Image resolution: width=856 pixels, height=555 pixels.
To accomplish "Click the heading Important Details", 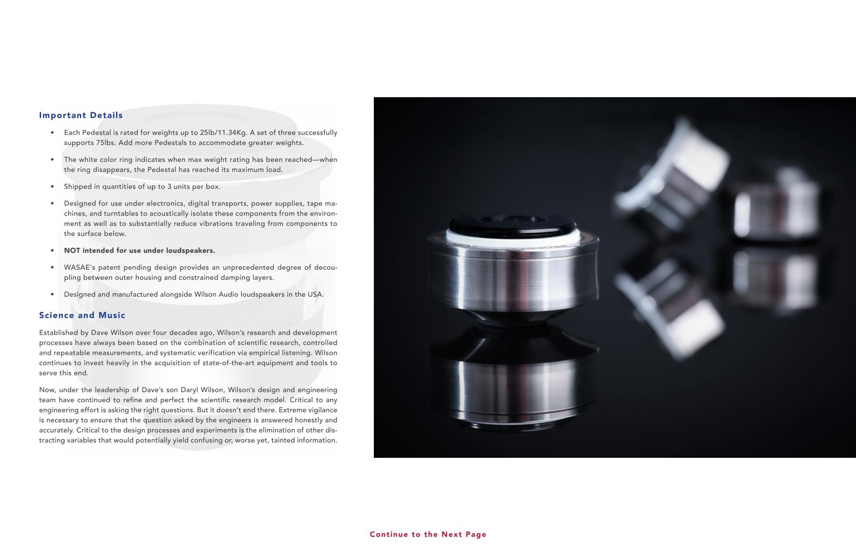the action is click(81, 115).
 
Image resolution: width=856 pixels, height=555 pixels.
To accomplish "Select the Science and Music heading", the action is click(82, 315).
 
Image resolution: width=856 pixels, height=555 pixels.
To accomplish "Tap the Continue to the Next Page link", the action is click(428, 534).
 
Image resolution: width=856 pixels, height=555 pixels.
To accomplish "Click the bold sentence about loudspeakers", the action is click(139, 250).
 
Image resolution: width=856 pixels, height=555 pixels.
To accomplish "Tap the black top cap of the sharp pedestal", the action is click(513, 224).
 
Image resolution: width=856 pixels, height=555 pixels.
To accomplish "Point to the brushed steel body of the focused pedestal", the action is click(514, 280).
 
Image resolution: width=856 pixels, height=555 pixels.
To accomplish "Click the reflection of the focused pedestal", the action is click(514, 382).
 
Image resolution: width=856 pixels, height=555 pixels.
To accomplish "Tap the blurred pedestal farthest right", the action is click(777, 203).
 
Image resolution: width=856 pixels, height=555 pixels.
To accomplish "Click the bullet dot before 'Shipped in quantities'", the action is click(52, 187).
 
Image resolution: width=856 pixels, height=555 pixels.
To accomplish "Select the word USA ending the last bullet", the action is click(315, 294).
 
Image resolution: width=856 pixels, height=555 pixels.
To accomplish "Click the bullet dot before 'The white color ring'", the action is click(52, 160).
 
